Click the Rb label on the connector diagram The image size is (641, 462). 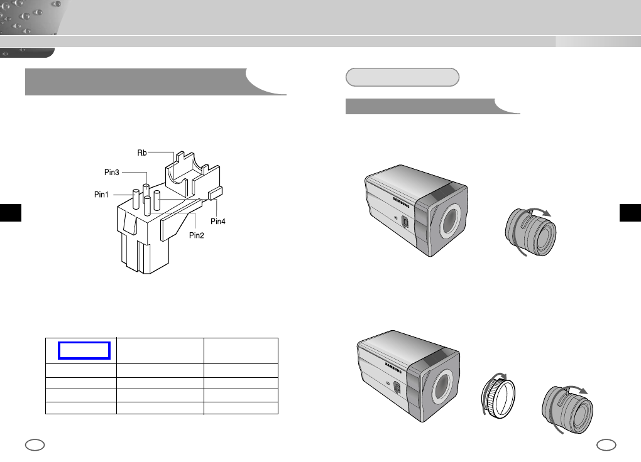[142, 153]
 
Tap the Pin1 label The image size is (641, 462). [101, 195]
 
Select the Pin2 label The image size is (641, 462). [196, 235]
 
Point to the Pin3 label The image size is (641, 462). [112, 173]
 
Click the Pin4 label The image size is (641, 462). [218, 222]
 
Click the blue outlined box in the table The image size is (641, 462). [84, 350]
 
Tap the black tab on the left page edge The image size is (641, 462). [11, 212]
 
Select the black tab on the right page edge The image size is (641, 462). [630, 212]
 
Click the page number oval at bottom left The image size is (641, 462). [35, 445]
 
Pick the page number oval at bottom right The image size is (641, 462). [606, 445]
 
